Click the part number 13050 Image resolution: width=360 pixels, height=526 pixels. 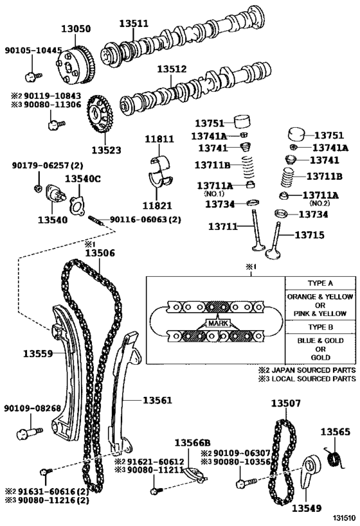[x=76, y=29]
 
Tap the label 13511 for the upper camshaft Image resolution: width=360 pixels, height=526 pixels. [x=134, y=24]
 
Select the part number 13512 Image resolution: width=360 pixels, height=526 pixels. [x=172, y=69]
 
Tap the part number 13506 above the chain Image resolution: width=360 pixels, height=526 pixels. [x=100, y=253]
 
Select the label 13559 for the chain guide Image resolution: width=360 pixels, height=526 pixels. [x=39, y=353]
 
